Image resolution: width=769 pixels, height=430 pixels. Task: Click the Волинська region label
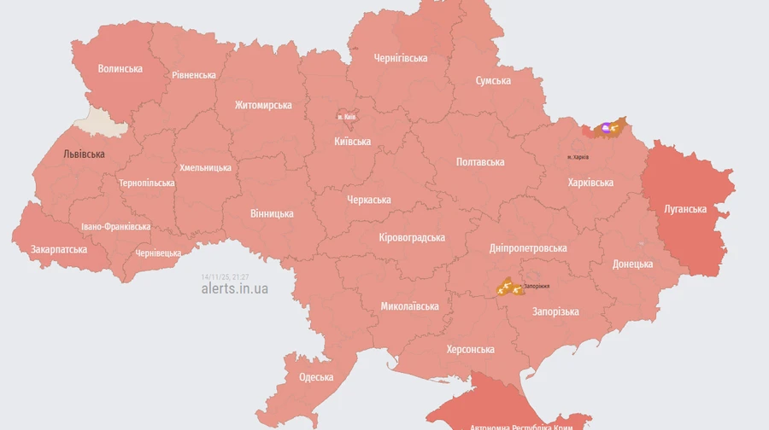120,68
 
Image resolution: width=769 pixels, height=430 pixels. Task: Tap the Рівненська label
194,75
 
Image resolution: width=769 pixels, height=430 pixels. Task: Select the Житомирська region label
263,105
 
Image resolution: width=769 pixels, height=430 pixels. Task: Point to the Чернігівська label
401,58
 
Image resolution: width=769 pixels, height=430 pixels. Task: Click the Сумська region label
493,81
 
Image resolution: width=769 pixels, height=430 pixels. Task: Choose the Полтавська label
480,161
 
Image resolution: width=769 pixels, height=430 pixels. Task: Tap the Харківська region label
590,183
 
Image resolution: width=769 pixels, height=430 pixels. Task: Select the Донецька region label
632,264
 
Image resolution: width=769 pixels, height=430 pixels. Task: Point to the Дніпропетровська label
528,248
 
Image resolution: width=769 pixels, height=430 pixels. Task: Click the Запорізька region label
555,311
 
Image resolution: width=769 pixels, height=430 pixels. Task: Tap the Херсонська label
470,350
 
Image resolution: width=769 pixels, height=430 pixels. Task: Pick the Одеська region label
316,377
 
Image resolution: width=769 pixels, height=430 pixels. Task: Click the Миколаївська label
410,305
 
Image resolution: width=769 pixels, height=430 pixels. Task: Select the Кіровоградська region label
412,237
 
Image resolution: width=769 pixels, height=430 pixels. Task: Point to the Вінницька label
272,213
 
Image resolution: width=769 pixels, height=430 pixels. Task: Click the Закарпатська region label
59,249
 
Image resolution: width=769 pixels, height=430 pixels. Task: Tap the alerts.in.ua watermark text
234,288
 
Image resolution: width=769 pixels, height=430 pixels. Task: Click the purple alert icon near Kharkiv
606,129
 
